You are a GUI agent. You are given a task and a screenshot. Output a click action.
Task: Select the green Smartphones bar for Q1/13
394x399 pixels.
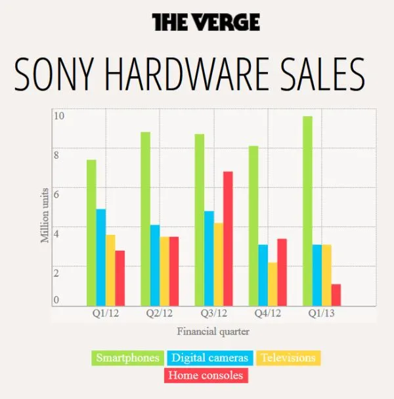[x=307, y=211]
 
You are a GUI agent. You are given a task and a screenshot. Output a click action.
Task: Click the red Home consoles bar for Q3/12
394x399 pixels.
[x=228, y=238]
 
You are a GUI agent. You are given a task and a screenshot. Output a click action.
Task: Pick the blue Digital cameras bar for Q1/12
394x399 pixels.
[x=101, y=257]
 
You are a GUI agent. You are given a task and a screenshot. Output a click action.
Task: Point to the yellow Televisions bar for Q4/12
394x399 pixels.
[x=273, y=283]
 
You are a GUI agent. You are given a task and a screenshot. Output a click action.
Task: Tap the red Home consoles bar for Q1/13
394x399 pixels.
[x=336, y=295]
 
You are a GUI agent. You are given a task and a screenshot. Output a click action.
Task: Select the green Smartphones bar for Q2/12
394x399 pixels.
[x=145, y=219]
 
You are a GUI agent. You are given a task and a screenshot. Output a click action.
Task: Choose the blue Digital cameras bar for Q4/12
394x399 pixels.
[x=263, y=275]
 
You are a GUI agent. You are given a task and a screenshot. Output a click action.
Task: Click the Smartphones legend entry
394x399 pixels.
[x=127, y=358]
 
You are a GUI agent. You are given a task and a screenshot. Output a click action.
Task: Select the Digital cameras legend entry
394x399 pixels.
[x=210, y=358]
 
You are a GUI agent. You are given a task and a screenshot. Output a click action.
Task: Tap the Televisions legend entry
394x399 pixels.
[x=288, y=358]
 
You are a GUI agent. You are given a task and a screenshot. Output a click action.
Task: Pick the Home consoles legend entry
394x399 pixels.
[x=206, y=375]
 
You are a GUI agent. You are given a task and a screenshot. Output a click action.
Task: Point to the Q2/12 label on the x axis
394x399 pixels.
[x=158, y=314]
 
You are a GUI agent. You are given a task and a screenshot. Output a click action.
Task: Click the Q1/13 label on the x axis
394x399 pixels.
[x=322, y=314]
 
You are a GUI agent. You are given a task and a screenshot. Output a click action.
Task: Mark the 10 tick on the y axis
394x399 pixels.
[x=58, y=116]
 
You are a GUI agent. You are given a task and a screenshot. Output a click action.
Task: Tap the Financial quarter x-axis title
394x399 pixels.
[x=213, y=331]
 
